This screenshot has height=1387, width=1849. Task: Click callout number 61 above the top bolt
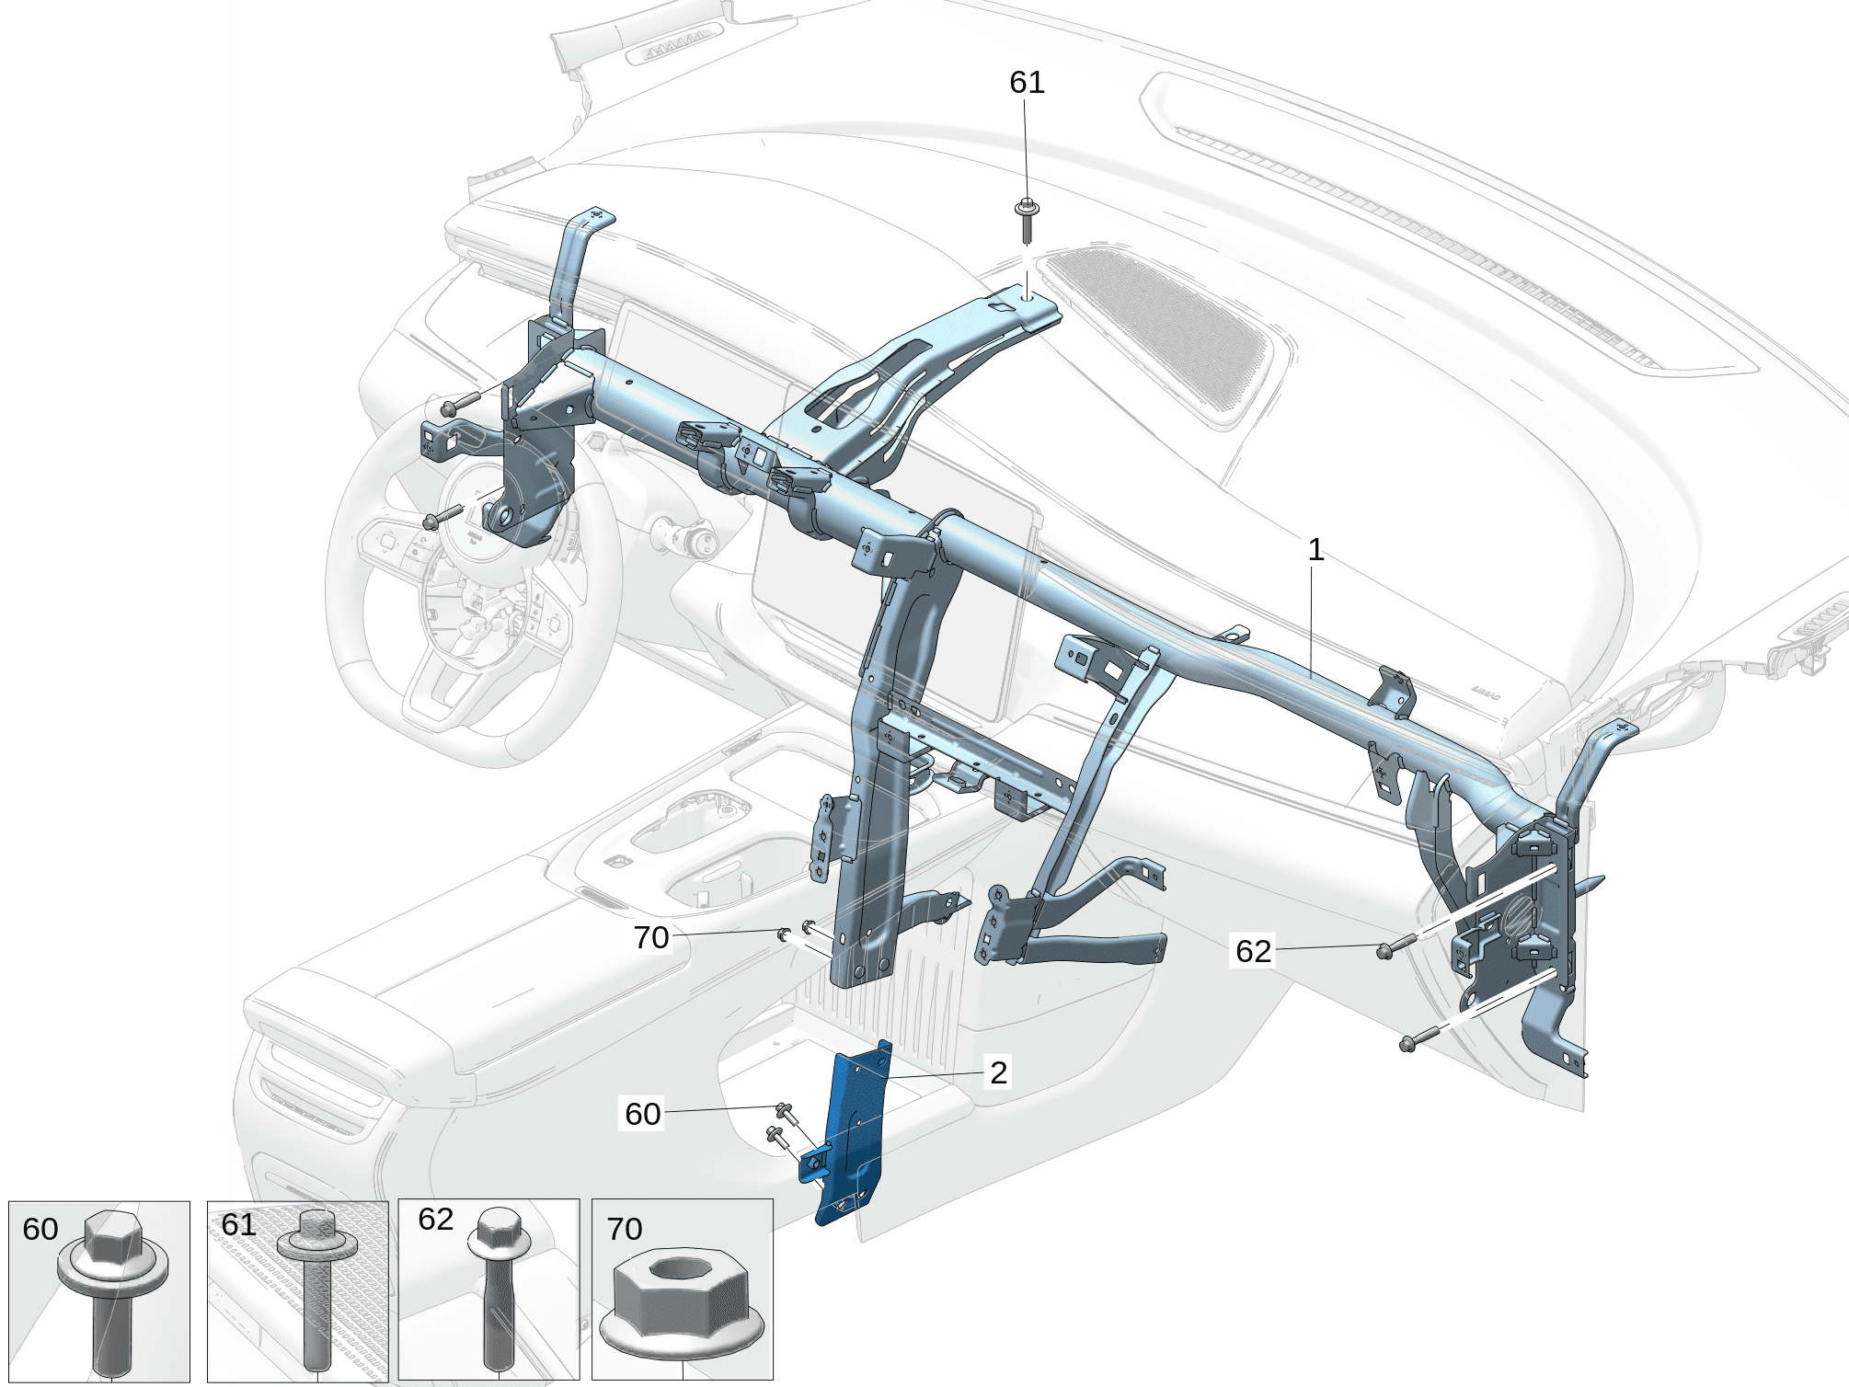point(1027,83)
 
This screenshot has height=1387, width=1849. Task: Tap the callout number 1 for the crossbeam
point(1315,550)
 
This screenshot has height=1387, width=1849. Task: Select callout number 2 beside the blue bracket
point(998,1072)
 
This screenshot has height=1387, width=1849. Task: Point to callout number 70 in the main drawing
point(650,937)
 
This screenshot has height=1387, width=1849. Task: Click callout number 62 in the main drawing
point(1253,951)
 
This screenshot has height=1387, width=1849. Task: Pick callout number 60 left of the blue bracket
point(642,1114)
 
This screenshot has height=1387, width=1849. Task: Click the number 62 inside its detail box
point(435,1220)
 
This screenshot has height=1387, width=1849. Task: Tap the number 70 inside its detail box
point(624,1229)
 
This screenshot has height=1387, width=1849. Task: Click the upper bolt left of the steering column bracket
point(451,407)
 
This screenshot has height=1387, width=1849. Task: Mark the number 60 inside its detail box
point(40,1229)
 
